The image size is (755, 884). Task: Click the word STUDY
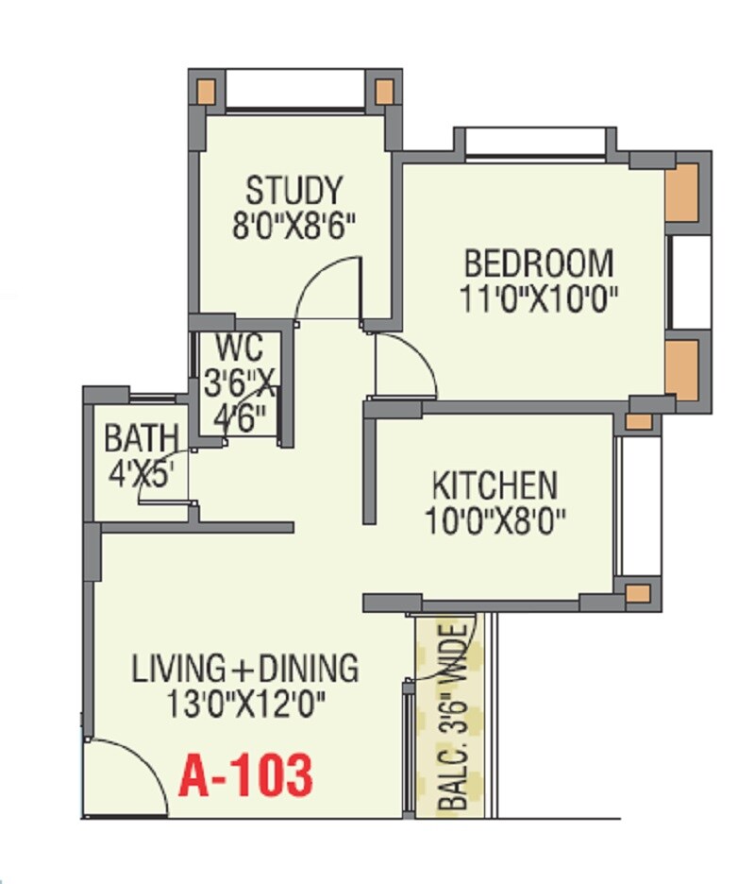294,190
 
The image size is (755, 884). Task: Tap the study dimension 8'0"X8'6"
294,227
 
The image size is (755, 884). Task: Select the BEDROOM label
539,262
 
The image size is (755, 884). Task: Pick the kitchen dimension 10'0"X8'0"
495,521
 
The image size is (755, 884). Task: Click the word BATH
141,439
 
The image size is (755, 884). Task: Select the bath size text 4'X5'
141,473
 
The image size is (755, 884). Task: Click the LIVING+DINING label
245,669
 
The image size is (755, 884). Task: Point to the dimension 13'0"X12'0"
245,705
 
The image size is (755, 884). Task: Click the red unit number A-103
245,776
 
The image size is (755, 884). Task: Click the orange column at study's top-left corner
205,92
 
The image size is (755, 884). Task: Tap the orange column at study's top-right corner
384,92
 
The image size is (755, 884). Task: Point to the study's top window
294,93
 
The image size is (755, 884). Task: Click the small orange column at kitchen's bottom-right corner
639,593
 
